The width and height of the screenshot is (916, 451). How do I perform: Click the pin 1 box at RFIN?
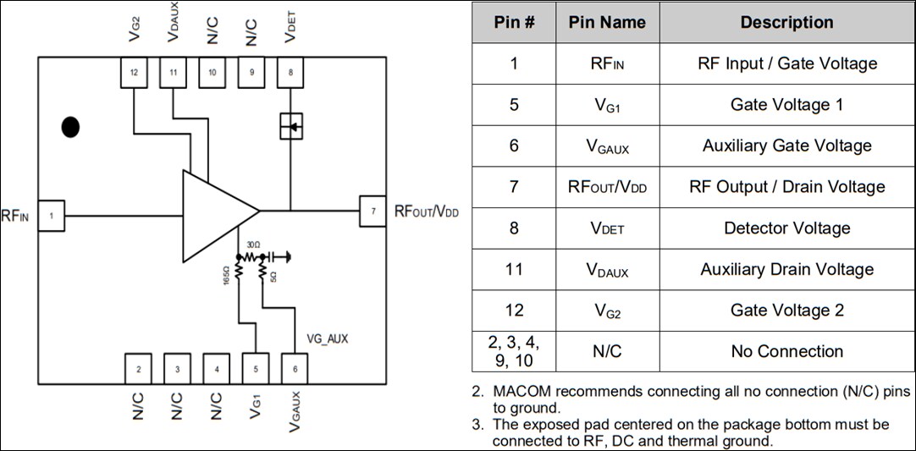pos(51,216)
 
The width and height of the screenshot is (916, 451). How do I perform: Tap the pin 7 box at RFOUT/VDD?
pos(372,211)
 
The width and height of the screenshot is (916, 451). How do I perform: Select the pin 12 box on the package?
pos(134,73)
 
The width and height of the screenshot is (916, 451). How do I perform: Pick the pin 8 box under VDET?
pos(290,73)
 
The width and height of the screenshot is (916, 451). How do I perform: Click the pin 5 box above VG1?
pos(255,368)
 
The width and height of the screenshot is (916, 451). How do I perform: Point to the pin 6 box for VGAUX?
pos(294,368)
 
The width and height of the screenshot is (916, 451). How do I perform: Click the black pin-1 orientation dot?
pos(70,128)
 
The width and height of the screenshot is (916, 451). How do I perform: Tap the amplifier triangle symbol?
pos(216,215)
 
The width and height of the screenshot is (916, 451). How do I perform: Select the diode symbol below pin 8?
pos(290,127)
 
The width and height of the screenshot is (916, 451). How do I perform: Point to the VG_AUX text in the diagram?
pos(327,338)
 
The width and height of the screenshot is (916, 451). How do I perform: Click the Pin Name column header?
pos(607,23)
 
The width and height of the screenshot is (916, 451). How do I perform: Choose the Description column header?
pos(786,23)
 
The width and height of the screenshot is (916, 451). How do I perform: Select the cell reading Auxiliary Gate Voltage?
pos(786,146)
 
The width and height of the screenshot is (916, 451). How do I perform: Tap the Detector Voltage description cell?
pos(786,228)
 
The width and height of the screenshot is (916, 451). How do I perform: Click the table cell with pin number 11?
pos(514,269)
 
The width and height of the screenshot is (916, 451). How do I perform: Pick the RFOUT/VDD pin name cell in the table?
pos(607,187)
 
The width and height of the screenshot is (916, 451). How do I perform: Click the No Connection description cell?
pos(786,351)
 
